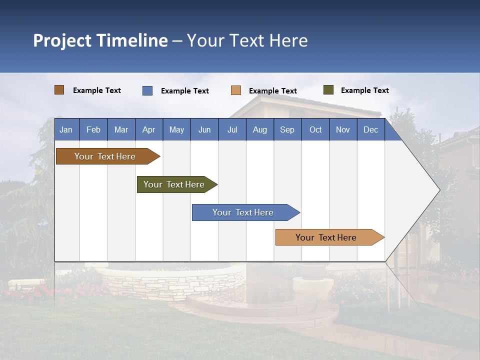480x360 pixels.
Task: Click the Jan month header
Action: [66, 129]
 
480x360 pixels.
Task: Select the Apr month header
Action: [148, 129]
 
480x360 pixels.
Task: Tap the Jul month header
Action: [232, 129]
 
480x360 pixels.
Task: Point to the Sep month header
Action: [287, 129]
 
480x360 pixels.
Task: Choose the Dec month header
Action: [370, 129]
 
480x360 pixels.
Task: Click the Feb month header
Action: [93, 129]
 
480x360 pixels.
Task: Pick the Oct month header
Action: [315, 129]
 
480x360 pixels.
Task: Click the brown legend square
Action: [59, 90]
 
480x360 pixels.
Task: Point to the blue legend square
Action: [147, 90]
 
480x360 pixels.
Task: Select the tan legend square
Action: [236, 90]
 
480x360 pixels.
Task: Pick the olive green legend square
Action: [328, 90]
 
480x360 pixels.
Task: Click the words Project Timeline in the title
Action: [100, 40]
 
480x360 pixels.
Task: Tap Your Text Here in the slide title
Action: [247, 40]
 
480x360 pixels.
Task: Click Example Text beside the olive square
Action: [364, 90]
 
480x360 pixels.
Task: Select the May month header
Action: [176, 129]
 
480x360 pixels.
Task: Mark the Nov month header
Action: [343, 129]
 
